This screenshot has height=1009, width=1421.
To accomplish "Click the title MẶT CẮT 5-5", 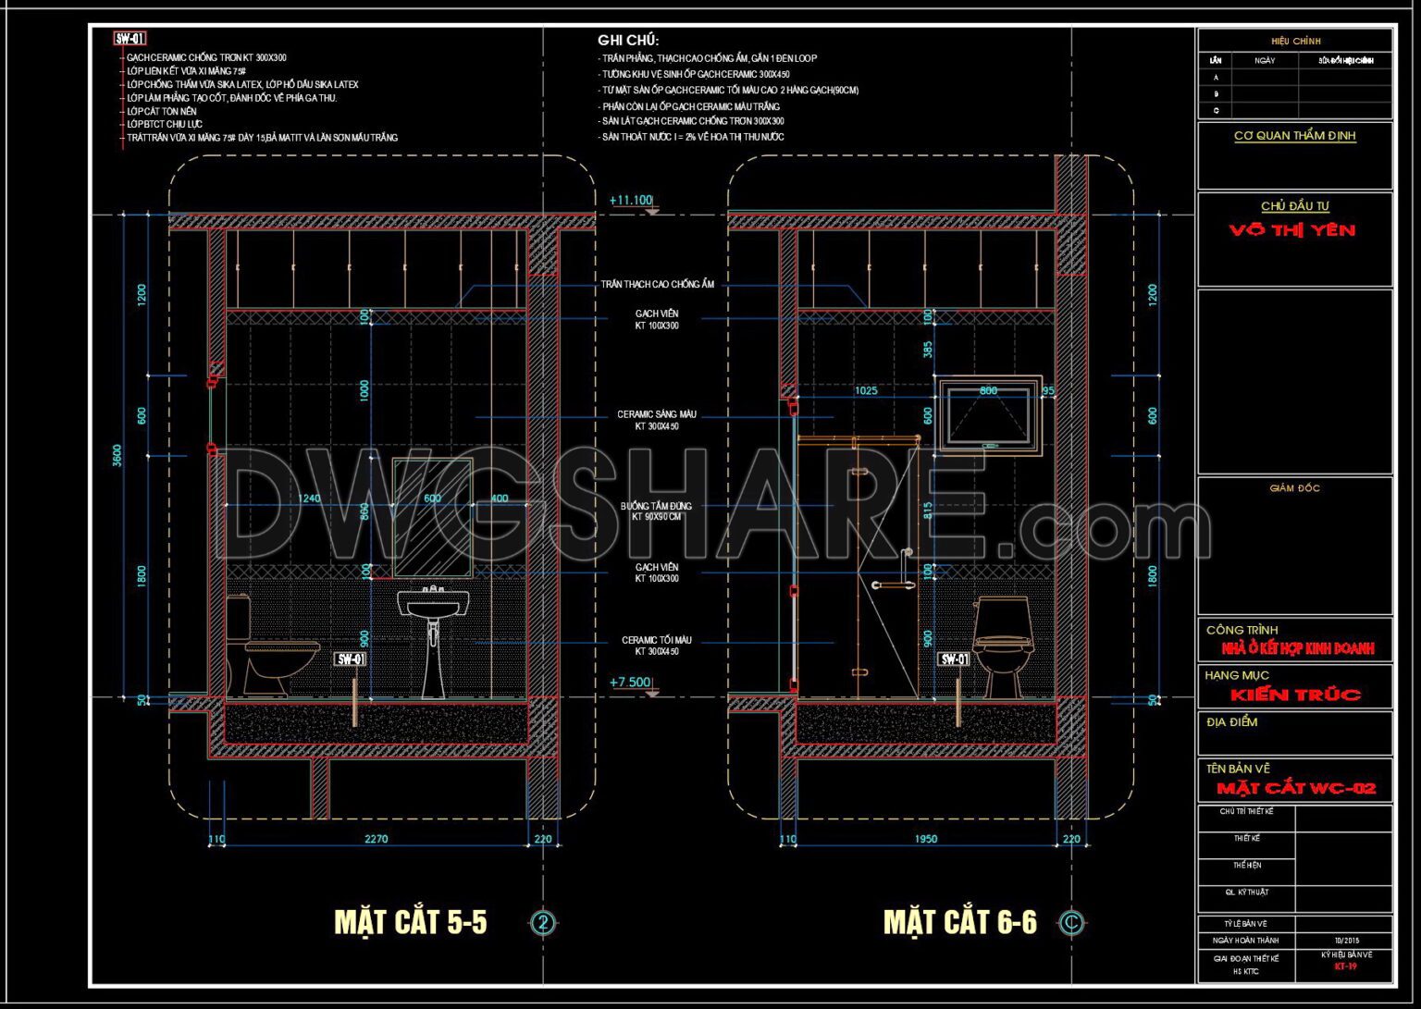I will coord(410,922).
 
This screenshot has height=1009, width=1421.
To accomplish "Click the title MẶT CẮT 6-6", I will coord(959,922).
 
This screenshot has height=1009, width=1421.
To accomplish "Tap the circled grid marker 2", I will coord(544,923).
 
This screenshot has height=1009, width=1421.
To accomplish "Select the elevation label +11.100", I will coord(630,200).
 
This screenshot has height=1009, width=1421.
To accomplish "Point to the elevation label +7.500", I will coord(630,683).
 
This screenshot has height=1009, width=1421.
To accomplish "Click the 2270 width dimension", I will coord(376,840).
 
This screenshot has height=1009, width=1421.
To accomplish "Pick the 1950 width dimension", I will coord(925,840).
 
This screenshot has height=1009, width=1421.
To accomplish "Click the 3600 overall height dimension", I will coord(117,455).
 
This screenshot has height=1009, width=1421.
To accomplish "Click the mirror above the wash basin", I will coord(432,518).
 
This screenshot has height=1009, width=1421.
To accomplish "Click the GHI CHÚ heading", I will coord(628,41).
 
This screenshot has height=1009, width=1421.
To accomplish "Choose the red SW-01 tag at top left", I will coord(130,39).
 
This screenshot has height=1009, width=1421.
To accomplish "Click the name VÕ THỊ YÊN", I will coord(1292,230).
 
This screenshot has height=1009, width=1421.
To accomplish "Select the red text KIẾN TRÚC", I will coord(1295,695).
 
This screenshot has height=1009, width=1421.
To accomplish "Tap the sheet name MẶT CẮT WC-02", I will coord(1295,789).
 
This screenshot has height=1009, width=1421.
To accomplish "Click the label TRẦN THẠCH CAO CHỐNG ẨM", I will coord(657,285).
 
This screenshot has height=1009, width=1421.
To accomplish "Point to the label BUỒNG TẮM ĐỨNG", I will coord(656,507).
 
